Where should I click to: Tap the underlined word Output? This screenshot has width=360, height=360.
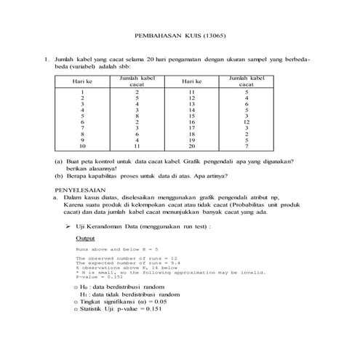[85, 238]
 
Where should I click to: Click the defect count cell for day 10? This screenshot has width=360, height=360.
[137, 145]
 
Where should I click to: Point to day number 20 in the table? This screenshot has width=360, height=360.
[192, 145]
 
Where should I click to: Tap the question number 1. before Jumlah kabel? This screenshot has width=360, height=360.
[46, 57]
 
